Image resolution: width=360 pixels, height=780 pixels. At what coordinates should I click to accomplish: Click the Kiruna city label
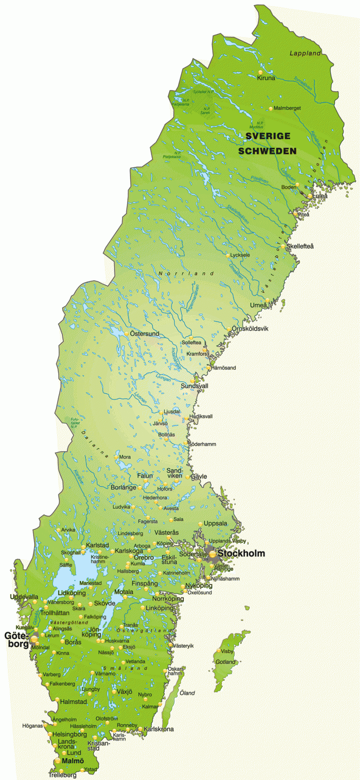(x=266, y=78)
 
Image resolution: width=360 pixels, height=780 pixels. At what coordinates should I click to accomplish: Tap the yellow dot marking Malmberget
(x=270, y=109)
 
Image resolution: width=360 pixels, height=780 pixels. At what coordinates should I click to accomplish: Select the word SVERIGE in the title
(x=268, y=136)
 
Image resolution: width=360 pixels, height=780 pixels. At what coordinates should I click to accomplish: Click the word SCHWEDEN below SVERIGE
(x=267, y=151)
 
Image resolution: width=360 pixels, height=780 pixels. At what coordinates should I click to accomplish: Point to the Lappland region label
(x=305, y=53)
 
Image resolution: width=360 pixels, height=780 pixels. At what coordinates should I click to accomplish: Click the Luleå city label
(x=320, y=196)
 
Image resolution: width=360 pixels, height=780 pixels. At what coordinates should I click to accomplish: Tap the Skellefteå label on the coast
(x=300, y=246)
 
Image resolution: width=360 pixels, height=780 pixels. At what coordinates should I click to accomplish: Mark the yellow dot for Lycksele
(x=228, y=256)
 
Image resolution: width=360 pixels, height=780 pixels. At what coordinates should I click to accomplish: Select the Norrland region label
(x=186, y=274)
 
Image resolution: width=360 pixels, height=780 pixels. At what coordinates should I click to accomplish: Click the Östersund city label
(x=144, y=334)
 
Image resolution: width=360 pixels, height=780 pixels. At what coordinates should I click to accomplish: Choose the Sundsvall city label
(x=195, y=386)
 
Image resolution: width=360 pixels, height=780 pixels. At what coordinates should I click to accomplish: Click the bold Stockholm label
(x=241, y=553)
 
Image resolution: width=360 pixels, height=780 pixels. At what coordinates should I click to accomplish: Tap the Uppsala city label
(x=215, y=523)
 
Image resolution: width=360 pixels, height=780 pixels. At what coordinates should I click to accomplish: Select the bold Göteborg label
(x=16, y=640)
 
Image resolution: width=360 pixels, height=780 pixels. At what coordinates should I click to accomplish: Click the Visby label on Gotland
(x=227, y=651)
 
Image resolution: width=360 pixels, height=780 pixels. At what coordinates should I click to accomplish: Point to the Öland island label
(x=187, y=693)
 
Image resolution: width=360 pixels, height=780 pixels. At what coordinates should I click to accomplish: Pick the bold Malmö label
(x=73, y=761)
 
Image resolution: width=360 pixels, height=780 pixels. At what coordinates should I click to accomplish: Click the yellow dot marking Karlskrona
(x=140, y=728)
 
